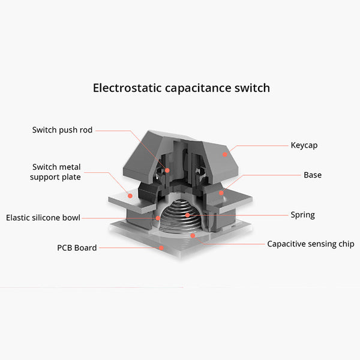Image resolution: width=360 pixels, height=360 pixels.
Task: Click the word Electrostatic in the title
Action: [127, 88]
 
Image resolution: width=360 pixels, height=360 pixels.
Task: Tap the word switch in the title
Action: [252, 88]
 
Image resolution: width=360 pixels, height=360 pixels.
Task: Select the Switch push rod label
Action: [62, 130]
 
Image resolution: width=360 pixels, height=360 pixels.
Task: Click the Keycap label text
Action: [304, 145]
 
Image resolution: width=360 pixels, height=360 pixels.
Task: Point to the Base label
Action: [313, 175]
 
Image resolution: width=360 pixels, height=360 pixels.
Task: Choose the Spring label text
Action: [302, 215]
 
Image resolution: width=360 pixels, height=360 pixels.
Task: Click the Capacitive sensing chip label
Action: [311, 244]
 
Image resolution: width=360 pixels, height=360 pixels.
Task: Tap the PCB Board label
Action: [77, 248]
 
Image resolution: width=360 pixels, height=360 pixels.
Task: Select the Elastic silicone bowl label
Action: [43, 218]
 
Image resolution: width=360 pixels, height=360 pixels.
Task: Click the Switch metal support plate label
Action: [55, 172]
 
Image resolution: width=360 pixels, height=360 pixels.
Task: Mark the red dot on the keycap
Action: [225, 155]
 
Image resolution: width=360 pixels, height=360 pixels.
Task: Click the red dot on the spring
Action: [188, 215]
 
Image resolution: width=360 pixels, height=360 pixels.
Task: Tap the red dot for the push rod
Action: [167, 170]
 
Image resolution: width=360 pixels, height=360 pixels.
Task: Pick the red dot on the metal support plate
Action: [130, 196]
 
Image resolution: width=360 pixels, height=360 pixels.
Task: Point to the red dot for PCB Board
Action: [161, 248]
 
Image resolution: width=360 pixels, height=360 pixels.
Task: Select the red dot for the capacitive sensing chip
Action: [193, 236]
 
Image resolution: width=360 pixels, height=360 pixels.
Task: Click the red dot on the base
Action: [221, 193]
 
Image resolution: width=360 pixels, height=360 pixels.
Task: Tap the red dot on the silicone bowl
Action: [158, 218]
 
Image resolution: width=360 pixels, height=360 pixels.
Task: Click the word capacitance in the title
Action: [198, 88]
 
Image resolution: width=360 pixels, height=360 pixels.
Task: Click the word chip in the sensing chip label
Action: [347, 244]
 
